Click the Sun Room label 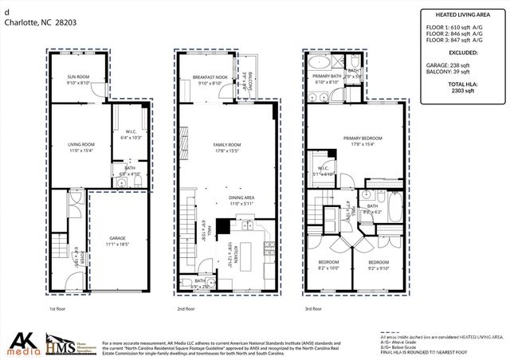coord(77,78)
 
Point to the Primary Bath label coord(327,78)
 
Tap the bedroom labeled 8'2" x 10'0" coord(328,265)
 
